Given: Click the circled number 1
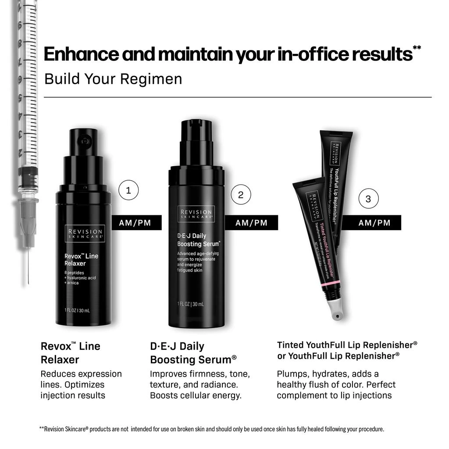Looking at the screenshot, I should pyautogui.click(x=128, y=191).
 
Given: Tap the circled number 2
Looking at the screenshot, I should pyautogui.click(x=240, y=195).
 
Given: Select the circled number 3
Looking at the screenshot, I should pyautogui.click(x=368, y=199).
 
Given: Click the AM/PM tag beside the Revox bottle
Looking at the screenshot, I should pyautogui.click(x=135, y=223).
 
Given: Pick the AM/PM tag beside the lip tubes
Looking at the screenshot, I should pyautogui.click(x=374, y=223).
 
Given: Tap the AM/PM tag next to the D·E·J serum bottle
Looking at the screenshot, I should pyautogui.click(x=251, y=223).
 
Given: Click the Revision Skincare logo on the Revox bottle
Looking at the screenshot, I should pyautogui.click(x=85, y=234).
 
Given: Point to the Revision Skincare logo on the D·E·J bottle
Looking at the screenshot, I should pyautogui.click(x=196, y=214).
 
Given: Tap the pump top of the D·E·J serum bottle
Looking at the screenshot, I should pyautogui.click(x=196, y=132).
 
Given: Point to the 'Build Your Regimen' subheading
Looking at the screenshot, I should pyautogui.click(x=113, y=79).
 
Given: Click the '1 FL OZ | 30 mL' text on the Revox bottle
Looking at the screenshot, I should pyautogui.click(x=77, y=311).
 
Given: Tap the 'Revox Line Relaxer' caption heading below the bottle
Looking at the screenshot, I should pyautogui.click(x=70, y=353).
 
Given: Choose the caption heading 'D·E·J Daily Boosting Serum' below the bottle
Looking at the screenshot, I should pyautogui.click(x=193, y=353).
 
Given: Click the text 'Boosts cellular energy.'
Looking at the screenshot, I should pyautogui.click(x=196, y=396).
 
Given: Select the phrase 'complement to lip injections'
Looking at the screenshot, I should pyautogui.click(x=334, y=396).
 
